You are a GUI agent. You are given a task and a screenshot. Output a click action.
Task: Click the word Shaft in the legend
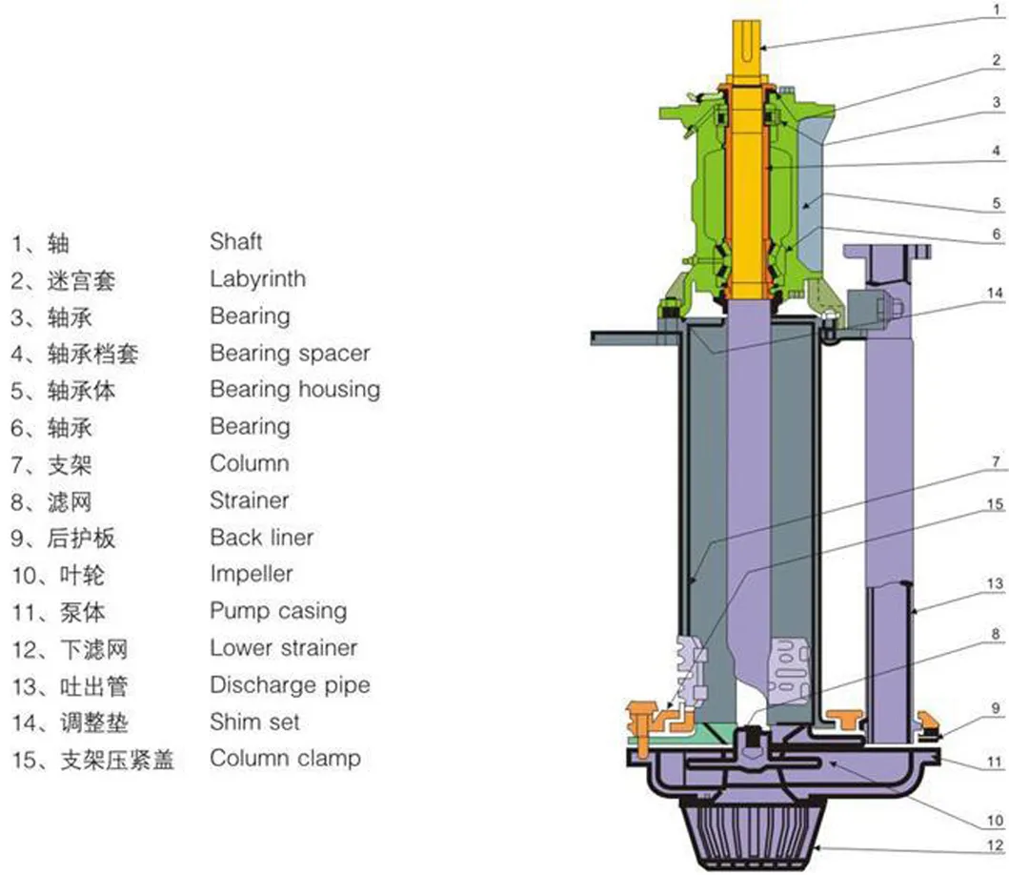click(235, 242)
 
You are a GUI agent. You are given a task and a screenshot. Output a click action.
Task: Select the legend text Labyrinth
click(257, 279)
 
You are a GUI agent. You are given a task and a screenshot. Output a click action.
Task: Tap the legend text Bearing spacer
click(290, 353)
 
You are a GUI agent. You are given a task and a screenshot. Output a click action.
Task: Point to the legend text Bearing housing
click(294, 390)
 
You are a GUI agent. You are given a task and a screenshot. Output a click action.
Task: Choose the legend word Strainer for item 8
click(249, 500)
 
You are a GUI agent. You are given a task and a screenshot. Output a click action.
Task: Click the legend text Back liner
click(261, 538)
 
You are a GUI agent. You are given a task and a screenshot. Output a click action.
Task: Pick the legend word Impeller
click(251, 575)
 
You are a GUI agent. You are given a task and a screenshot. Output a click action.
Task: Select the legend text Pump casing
click(278, 611)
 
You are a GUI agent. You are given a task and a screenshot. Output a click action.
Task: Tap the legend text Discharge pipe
click(290, 685)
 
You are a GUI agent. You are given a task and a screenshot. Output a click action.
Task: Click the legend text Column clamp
click(285, 759)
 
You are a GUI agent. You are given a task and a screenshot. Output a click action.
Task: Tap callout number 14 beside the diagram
click(995, 294)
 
